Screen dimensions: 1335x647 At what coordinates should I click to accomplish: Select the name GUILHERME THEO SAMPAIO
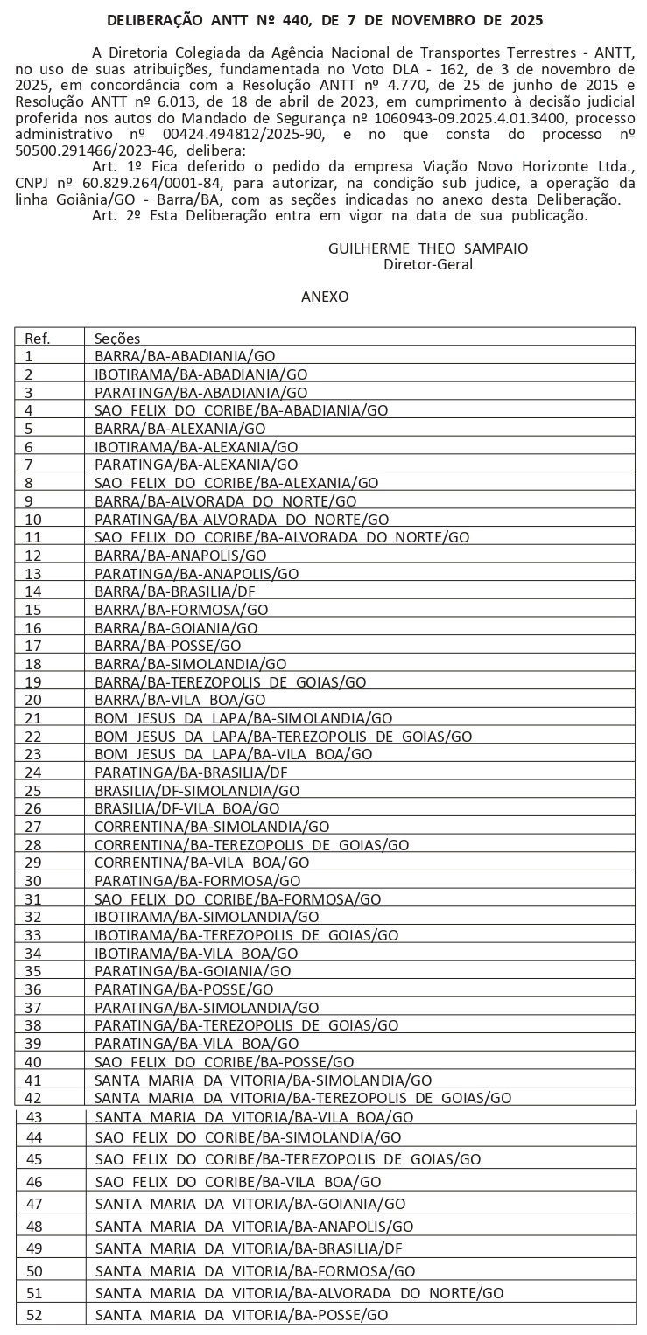coord(428,248)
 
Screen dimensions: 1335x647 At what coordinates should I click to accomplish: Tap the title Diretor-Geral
coord(428,263)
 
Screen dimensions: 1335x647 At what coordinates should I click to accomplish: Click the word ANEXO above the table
coord(325,297)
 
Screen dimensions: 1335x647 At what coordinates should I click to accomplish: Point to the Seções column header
coord(117,339)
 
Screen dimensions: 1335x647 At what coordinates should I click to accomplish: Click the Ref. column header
coord(38,339)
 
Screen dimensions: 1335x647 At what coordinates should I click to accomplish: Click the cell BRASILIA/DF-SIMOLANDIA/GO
coord(197,790)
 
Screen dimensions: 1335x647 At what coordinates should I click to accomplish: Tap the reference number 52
coord(35,1315)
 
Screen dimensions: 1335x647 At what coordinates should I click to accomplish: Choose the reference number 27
coord(34,827)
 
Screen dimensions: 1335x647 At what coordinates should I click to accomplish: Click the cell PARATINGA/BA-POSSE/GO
coord(184,989)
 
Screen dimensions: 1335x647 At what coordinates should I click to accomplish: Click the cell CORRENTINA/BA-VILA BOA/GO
coord(201,863)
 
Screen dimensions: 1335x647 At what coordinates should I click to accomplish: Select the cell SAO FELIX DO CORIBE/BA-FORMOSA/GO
coord(237,898)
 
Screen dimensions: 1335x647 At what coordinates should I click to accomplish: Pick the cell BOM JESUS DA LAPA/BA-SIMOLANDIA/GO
coord(243,718)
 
